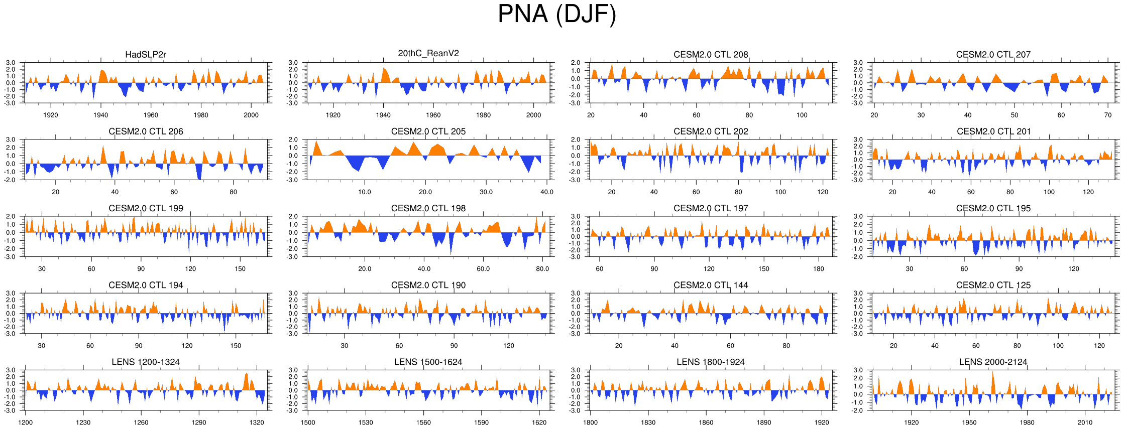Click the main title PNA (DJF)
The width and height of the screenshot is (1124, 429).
pyautogui.click(x=556, y=14)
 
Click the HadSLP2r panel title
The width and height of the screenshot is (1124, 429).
pyautogui.click(x=146, y=55)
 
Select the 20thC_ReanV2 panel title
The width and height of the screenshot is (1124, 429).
pyautogui.click(x=428, y=53)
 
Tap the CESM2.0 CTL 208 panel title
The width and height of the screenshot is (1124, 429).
pyautogui.click(x=711, y=55)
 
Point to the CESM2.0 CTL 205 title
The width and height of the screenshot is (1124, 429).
pyautogui.click(x=428, y=131)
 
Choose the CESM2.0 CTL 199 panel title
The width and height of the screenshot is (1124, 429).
pyautogui.click(x=146, y=208)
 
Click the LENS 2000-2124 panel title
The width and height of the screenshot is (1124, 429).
pyautogui.click(x=993, y=362)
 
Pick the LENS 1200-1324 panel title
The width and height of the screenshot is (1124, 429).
pyautogui.click(x=146, y=362)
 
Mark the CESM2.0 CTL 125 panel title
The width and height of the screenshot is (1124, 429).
pyautogui.click(x=993, y=285)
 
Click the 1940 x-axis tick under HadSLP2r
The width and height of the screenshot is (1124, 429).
pyautogui.click(x=100, y=115)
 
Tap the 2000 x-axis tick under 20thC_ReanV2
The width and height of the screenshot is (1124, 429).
pyautogui.click(x=533, y=115)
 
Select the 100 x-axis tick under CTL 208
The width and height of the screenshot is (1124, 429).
pyautogui.click(x=802, y=115)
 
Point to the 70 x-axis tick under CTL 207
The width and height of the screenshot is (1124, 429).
pyautogui.click(x=1108, y=115)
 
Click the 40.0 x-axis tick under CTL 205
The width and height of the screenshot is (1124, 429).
pyautogui.click(x=546, y=192)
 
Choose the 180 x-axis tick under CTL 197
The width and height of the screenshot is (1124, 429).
pyautogui.click(x=819, y=268)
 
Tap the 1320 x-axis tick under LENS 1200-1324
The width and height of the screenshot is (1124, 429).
pyautogui.click(x=257, y=422)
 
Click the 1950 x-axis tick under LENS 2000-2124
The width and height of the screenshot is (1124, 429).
pyautogui.click(x=969, y=422)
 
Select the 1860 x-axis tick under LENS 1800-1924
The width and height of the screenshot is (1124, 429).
pyautogui.click(x=706, y=422)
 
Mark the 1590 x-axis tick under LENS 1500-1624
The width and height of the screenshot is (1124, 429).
pyautogui.click(x=481, y=422)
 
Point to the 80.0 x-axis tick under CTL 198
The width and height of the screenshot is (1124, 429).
pyautogui.click(x=542, y=268)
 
